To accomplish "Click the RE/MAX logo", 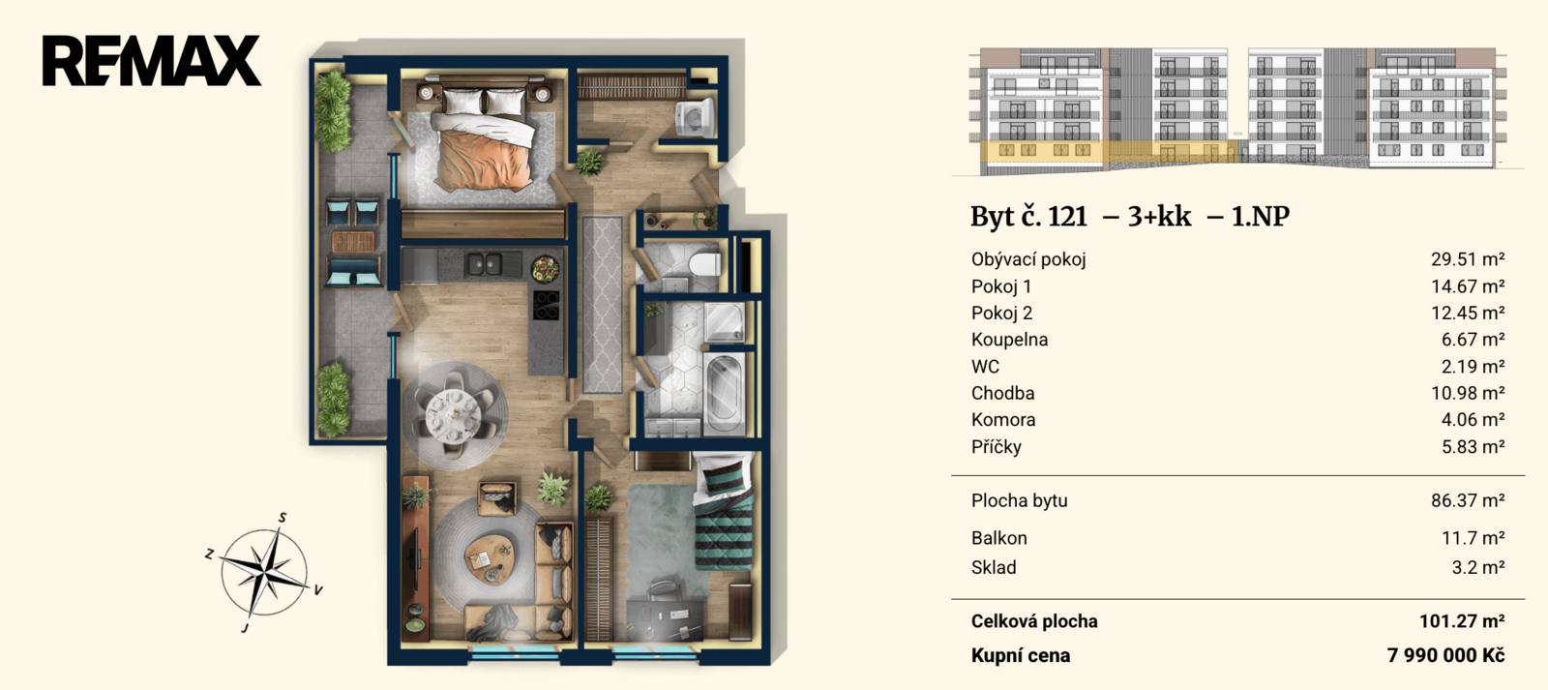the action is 151,61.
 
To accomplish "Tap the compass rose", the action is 265,573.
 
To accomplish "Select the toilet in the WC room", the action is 705,264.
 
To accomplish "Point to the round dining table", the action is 454,413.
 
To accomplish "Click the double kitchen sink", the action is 483,264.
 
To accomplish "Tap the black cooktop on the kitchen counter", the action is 547,306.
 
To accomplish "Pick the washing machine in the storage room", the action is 696,118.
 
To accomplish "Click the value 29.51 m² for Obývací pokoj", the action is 1467,259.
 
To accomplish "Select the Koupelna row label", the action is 1009,340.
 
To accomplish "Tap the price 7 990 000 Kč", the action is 1445,655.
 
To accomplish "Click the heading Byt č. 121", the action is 1028,217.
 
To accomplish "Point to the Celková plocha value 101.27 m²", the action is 1462,621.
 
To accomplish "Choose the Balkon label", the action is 998,538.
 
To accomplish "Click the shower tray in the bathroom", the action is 725,322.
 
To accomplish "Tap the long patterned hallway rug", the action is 602,304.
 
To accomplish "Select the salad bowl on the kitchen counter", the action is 546,269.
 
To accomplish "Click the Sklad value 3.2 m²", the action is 1478,568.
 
